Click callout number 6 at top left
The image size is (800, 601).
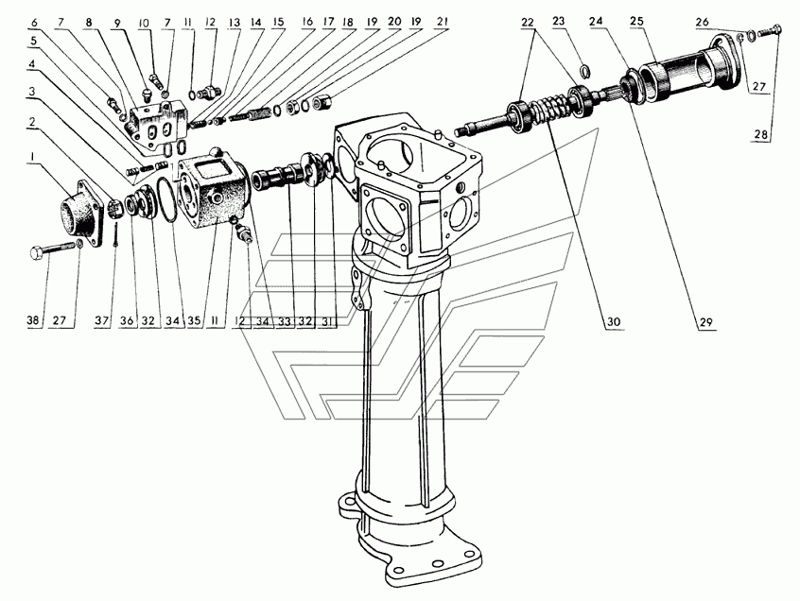pyautogui.click(x=33, y=21)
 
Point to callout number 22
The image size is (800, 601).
pyautogui.click(x=527, y=21)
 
